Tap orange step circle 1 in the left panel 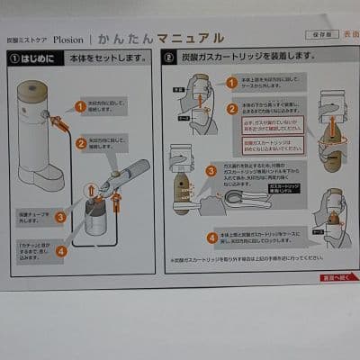coord(80,106)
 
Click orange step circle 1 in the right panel coord(231,83)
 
